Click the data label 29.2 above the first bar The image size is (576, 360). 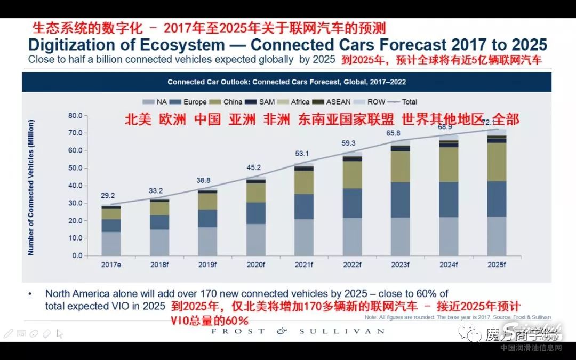coord(108,196)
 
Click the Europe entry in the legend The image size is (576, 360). coord(194,102)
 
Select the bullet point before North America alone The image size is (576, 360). coord(30,293)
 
